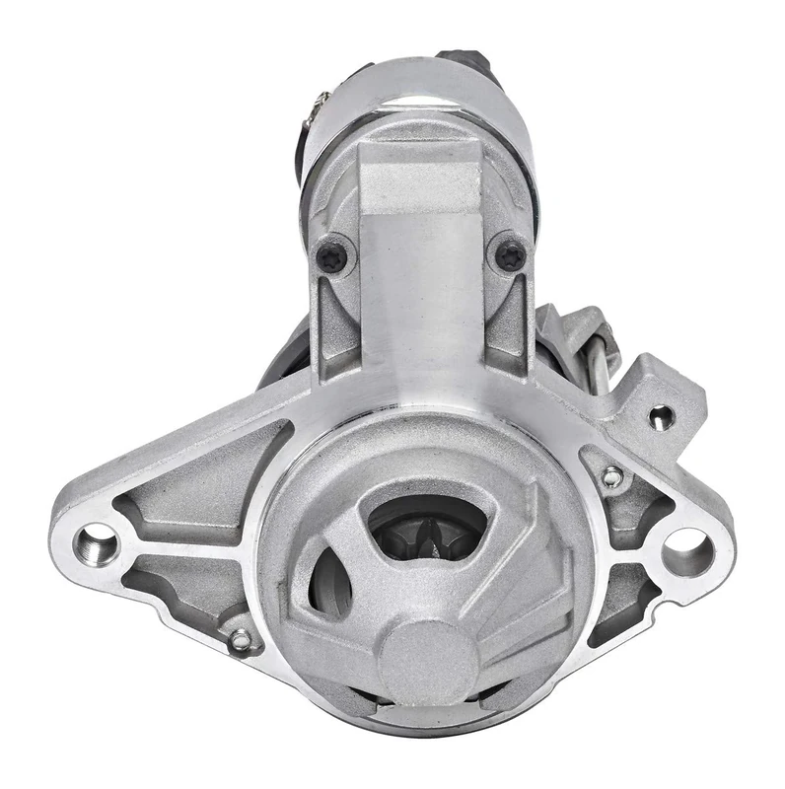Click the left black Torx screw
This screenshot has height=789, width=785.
(x=331, y=256)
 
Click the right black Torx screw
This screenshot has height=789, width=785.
(x=509, y=256)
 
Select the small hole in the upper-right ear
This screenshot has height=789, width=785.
(x=660, y=415)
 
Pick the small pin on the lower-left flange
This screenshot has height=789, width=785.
(x=239, y=642)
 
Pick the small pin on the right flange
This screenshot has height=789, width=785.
(x=612, y=477)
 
